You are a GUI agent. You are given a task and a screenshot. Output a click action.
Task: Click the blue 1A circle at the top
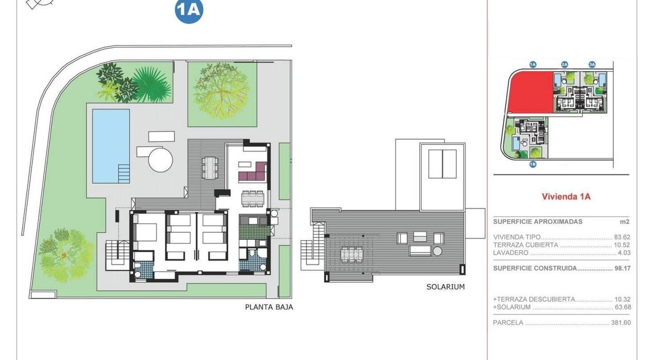[189, 11]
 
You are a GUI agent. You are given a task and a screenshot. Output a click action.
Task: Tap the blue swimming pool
[111, 146]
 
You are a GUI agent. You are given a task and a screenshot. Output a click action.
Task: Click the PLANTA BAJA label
[269, 307]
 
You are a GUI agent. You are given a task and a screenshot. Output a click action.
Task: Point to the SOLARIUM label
[445, 286]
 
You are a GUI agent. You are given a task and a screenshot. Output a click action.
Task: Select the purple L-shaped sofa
[253, 172]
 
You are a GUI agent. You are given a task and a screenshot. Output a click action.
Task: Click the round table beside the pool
[160, 160]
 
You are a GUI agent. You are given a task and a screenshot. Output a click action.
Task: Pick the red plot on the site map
[530, 92]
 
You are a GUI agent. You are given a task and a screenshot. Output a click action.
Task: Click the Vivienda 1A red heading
[566, 197]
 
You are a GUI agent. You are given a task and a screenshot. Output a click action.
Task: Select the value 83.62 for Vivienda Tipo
[622, 237]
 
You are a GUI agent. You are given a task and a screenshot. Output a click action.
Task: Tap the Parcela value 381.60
[621, 323]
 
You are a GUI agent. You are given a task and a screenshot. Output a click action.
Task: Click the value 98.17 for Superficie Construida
[623, 268]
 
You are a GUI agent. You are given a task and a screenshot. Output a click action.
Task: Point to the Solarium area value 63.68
[622, 307]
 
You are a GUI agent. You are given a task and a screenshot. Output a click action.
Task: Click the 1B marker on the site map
[533, 164]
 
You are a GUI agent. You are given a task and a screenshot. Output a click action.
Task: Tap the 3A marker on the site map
[592, 64]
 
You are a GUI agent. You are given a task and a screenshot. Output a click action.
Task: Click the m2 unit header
[624, 222]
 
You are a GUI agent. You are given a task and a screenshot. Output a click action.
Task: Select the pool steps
[124, 174]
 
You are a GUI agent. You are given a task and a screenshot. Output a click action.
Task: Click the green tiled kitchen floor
[253, 232]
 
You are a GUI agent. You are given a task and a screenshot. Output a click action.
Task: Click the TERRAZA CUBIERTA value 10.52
[622, 245]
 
